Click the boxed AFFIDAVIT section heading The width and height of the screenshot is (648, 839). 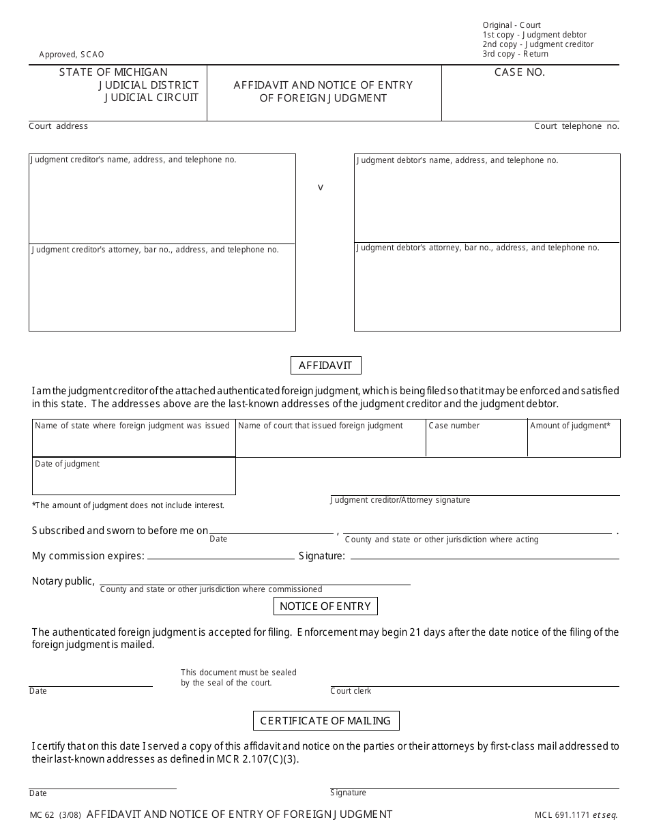point(325,366)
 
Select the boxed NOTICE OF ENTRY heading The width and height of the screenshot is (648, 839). point(325,606)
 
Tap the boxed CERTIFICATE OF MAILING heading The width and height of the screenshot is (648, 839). point(325,721)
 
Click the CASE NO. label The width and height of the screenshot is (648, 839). point(520,72)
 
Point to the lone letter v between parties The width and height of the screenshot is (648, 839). point(321,187)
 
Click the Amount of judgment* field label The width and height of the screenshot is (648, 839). point(570,426)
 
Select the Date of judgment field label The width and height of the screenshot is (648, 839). point(67,464)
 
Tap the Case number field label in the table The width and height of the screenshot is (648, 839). point(454,426)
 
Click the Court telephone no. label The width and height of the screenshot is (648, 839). point(576,126)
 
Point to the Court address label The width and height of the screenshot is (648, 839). point(58,126)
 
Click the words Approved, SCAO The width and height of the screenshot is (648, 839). point(72,55)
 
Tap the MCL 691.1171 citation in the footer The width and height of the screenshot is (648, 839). point(563,815)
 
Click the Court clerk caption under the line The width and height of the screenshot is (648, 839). point(351,691)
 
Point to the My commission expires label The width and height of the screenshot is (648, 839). point(88,556)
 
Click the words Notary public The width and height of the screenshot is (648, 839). point(63,581)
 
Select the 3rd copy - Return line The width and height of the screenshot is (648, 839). point(515,54)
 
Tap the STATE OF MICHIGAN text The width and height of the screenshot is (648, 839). point(113,72)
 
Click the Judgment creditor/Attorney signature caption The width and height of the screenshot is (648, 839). point(400,500)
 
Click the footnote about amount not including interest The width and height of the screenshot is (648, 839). point(128,505)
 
